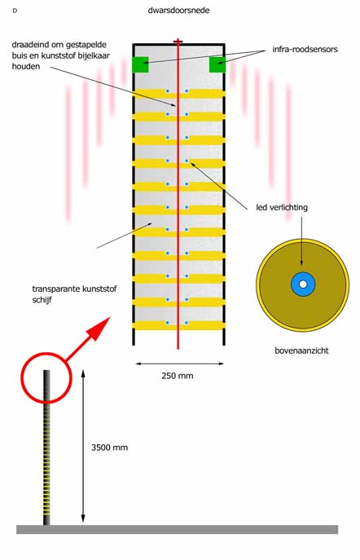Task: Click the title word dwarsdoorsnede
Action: [178, 10]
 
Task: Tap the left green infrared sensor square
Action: [140, 64]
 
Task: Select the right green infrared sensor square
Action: [217, 64]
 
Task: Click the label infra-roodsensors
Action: [305, 49]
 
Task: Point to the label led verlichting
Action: [282, 208]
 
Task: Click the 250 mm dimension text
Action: [178, 376]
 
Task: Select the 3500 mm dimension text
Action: [109, 448]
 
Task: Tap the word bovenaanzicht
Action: [301, 351]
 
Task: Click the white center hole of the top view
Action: [303, 284]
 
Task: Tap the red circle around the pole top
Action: [46, 354]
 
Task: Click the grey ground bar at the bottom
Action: [177, 529]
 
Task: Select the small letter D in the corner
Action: [15, 11]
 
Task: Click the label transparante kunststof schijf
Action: [74, 294]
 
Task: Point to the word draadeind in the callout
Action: [27, 45]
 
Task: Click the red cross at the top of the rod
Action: [178, 42]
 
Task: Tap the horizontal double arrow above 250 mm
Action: [180, 364]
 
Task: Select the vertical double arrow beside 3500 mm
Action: [83, 446]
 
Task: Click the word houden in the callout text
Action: [26, 66]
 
